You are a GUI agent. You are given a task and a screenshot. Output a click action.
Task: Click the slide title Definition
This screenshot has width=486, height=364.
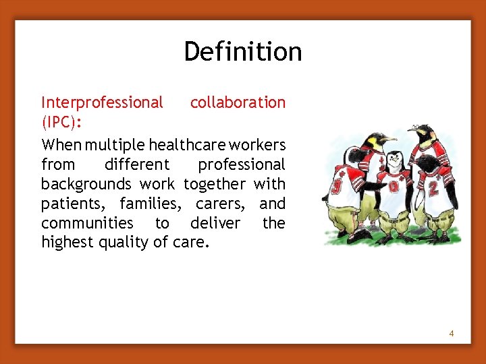pos(243,52)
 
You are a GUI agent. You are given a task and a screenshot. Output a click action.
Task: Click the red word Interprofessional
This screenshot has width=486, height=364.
pos(102,102)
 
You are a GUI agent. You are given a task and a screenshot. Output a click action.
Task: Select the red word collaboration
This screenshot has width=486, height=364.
pos(238,102)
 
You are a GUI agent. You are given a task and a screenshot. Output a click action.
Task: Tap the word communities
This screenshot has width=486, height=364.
pos(87,223)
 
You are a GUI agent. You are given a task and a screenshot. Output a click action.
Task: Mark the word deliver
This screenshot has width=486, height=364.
pos(215,223)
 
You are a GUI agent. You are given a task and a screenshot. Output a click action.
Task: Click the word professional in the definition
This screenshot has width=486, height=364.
pos(241,164)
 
